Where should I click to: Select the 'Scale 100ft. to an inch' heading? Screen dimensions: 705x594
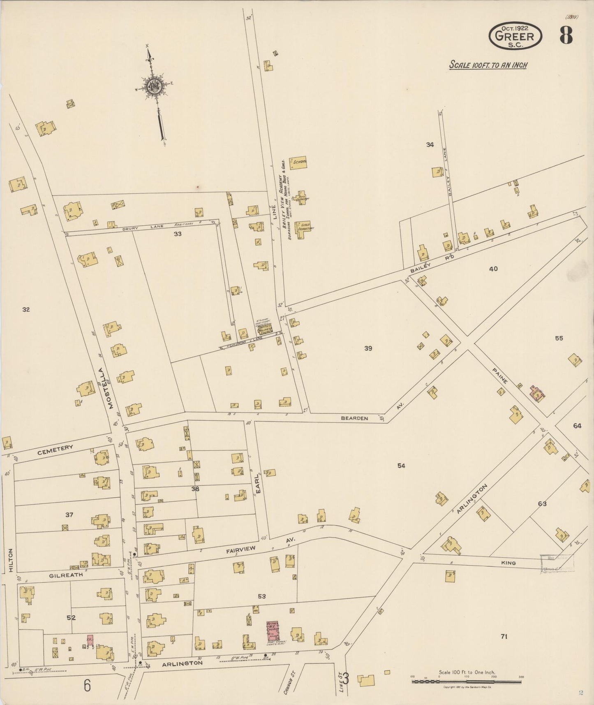(488, 65)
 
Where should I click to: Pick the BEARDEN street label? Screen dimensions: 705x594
(354, 418)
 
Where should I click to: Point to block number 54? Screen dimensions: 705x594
(401, 466)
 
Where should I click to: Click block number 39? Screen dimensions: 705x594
(368, 348)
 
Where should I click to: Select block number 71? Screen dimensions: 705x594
(504, 637)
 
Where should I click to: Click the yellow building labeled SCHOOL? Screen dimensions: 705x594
(299, 163)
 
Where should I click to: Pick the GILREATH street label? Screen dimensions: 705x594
(66, 575)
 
